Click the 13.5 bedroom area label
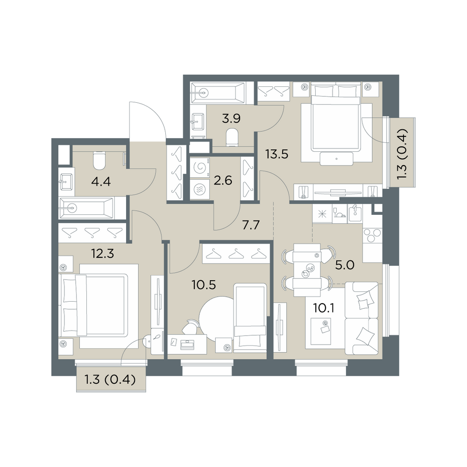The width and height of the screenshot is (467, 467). pyautogui.click(x=276, y=154)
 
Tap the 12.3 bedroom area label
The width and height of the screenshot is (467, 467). pyautogui.click(x=102, y=254)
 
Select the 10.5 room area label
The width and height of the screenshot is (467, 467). pyautogui.click(x=204, y=285)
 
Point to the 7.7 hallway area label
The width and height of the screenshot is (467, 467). pyautogui.click(x=251, y=225)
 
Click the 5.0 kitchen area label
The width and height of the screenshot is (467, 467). pyautogui.click(x=345, y=265)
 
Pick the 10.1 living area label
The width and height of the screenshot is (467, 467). pyautogui.click(x=324, y=308)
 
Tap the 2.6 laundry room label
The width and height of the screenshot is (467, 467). pyautogui.click(x=223, y=180)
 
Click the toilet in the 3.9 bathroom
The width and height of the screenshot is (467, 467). pyautogui.click(x=232, y=138)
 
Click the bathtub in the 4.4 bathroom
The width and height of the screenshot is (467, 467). pyautogui.click(x=87, y=208)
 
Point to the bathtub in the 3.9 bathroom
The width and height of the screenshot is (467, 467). pyautogui.click(x=218, y=93)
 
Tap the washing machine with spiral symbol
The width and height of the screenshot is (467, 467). pyautogui.click(x=199, y=168)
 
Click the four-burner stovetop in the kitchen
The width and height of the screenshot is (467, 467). pyautogui.click(x=372, y=235)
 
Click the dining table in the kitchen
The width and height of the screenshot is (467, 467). pyautogui.click(x=307, y=270)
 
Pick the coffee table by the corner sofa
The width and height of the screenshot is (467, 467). pyautogui.click(x=321, y=331)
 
